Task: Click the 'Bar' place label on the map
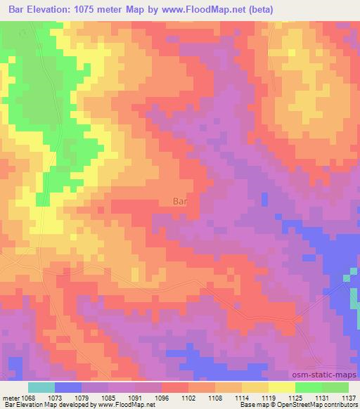point(180,201)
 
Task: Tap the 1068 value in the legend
point(29,397)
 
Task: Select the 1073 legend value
point(56,397)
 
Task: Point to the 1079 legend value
point(83,397)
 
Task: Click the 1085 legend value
point(109,397)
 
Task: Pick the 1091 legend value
point(136,397)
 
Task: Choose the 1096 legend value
point(162,397)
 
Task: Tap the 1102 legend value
point(188,397)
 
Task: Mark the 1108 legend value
point(215,397)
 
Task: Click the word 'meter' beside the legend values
point(11,397)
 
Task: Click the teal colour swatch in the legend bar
point(41,387)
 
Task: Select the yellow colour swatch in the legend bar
point(281,387)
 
